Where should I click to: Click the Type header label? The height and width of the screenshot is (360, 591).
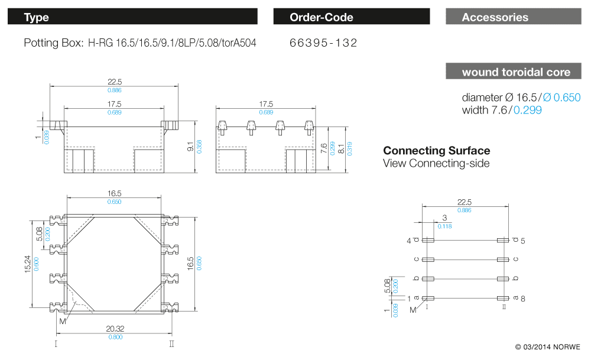pyautogui.click(x=36, y=17)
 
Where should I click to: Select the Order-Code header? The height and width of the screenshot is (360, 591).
pyautogui.click(x=321, y=17)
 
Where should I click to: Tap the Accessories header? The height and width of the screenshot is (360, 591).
pyautogui.click(x=495, y=17)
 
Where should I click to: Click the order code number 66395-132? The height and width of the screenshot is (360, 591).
pyautogui.click(x=323, y=43)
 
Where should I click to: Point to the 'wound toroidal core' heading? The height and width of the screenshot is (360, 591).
pyautogui.click(x=516, y=72)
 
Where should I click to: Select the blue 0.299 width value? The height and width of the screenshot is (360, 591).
pyautogui.click(x=527, y=110)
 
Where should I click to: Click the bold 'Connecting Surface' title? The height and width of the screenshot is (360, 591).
pyautogui.click(x=436, y=151)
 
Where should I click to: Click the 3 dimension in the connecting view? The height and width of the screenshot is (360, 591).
pyautogui.click(x=444, y=218)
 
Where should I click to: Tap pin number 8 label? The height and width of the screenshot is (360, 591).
pyautogui.click(x=522, y=299)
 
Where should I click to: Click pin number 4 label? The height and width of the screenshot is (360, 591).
pyautogui.click(x=408, y=241)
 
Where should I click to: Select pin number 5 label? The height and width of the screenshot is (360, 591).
pyautogui.click(x=523, y=241)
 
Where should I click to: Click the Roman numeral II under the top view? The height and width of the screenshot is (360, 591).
pyautogui.click(x=171, y=343)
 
